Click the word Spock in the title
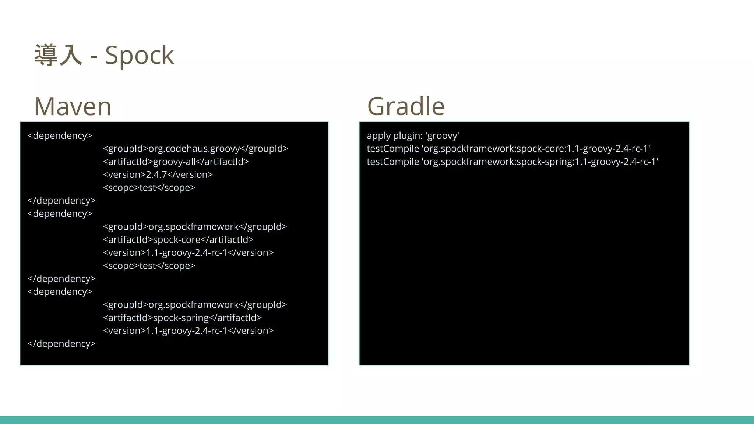coord(139,55)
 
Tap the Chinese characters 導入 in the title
coord(58,55)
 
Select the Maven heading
coord(73,106)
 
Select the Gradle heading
coord(406,106)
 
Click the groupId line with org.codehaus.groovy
coord(195,149)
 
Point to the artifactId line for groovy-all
coord(176,162)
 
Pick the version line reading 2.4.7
coord(158,174)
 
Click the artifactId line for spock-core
coord(178,240)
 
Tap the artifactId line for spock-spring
coord(182,318)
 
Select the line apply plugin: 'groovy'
coord(413,136)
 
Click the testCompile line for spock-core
coord(508,149)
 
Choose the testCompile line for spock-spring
coord(512,162)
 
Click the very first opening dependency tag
coord(60,136)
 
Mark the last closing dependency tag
coord(61,344)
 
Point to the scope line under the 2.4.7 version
coord(149,188)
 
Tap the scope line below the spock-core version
coord(149,266)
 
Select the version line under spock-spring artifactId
coord(188,331)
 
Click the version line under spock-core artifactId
coord(188,253)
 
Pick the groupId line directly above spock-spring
coord(195,305)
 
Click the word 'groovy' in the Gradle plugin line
coord(442,136)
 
